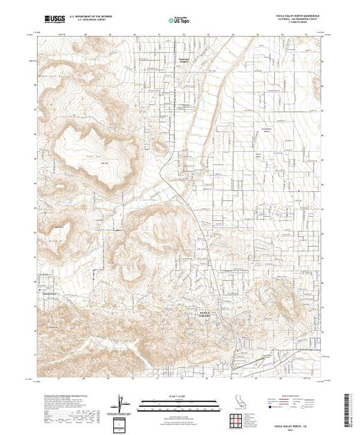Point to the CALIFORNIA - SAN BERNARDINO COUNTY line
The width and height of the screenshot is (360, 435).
click(298, 20)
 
